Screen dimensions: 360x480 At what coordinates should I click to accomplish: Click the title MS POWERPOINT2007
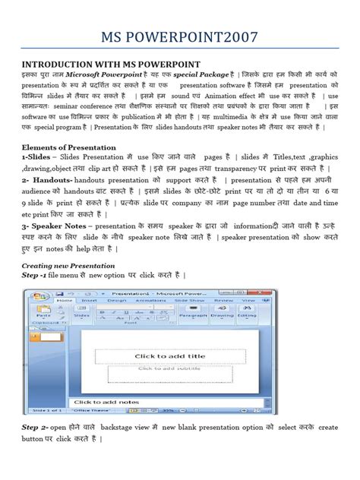(180, 36)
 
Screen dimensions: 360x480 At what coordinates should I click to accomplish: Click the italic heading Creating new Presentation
(69, 266)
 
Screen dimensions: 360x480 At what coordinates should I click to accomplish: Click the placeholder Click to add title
(169, 355)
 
